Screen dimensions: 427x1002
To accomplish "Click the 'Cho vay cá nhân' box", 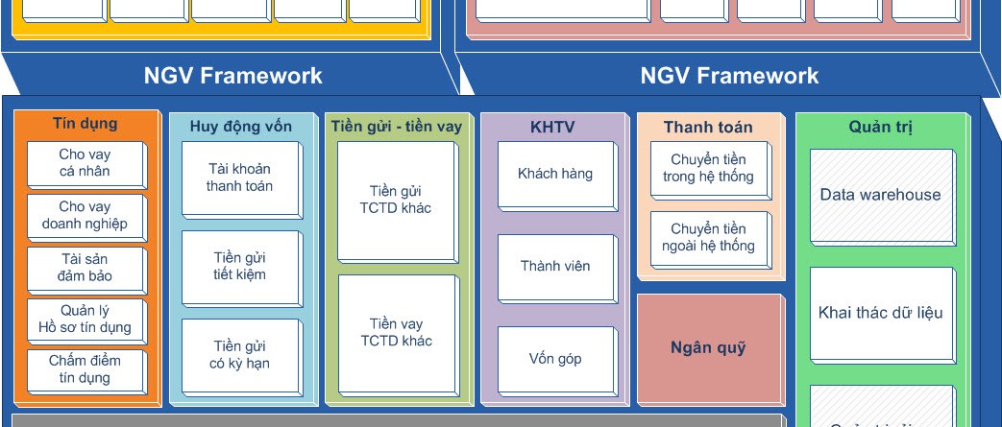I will [x=85, y=164].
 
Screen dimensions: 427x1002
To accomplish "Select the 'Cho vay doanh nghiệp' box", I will [x=85, y=216].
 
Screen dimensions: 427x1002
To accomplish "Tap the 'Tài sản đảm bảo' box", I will [x=85, y=268].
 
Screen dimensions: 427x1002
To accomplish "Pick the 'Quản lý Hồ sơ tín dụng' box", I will [x=85, y=320].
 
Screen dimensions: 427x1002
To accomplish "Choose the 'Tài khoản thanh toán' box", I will [x=240, y=178].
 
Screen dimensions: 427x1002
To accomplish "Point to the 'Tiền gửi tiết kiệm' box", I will [x=240, y=267].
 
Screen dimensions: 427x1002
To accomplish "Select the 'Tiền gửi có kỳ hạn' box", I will [x=240, y=355].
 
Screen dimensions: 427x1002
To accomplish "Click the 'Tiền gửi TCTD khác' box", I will [x=396, y=201].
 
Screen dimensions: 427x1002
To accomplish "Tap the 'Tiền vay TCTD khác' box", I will [x=396, y=333].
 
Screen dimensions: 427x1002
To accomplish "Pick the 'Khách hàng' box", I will [x=555, y=175].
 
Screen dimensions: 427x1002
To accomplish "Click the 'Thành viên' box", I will [x=555, y=267].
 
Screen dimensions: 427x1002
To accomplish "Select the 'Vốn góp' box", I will [x=555, y=359].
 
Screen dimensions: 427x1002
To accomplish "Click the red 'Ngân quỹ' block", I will [x=708, y=348].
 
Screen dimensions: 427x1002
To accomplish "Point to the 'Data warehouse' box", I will [x=880, y=196].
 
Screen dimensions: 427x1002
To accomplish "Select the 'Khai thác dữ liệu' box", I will [x=880, y=313].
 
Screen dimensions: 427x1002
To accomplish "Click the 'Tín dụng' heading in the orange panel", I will [x=86, y=123].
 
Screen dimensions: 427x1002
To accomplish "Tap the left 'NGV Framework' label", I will [x=233, y=76].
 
